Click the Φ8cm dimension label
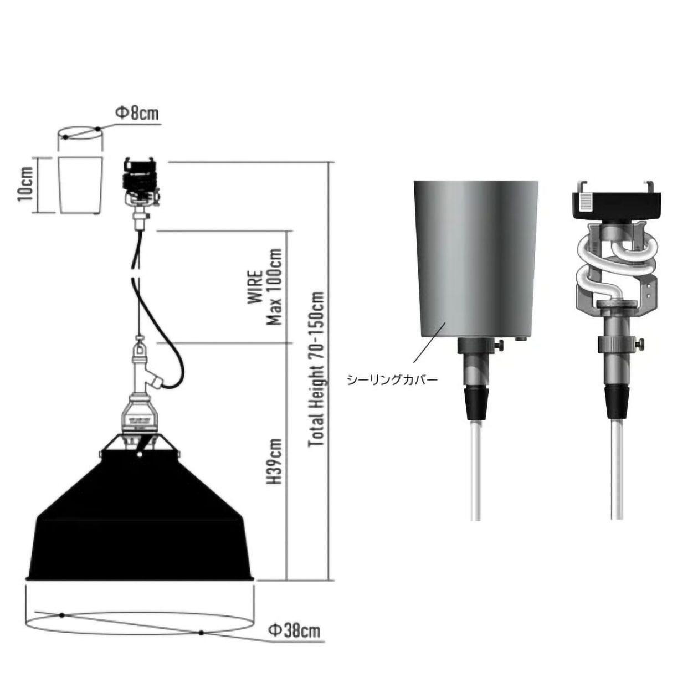pyautogui.click(x=137, y=113)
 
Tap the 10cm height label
pyautogui.click(x=25, y=185)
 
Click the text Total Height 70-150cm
pyautogui.click(x=316, y=370)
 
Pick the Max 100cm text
pyautogui.click(x=274, y=286)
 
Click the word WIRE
pyautogui.click(x=255, y=288)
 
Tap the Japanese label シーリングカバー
pyautogui.click(x=392, y=379)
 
